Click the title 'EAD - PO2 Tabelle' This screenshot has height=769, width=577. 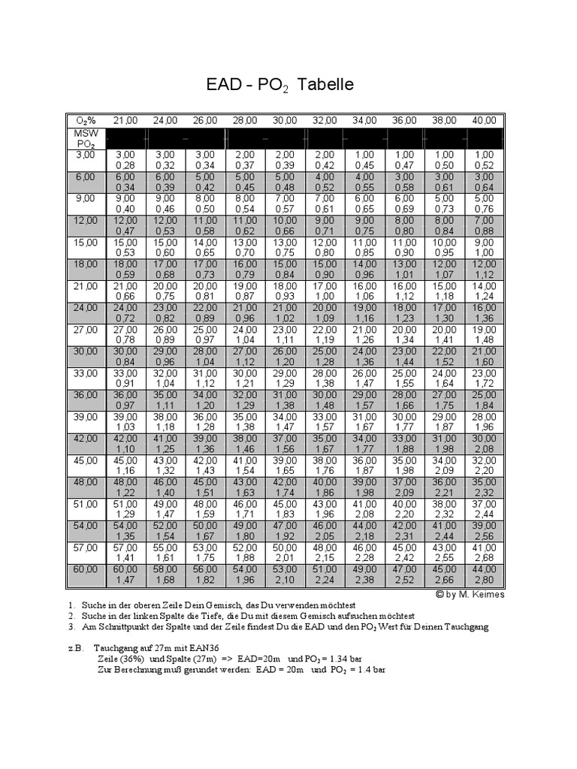(279, 85)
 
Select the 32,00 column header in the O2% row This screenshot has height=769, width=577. (325, 120)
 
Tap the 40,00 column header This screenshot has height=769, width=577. (484, 120)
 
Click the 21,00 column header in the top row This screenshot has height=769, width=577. (125, 120)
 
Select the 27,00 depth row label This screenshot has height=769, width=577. (85, 330)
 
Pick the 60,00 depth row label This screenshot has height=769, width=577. (85, 569)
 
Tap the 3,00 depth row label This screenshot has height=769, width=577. (85, 155)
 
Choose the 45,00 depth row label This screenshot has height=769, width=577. (85, 460)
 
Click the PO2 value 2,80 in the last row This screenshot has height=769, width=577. (484, 580)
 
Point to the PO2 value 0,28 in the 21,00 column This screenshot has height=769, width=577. (125, 165)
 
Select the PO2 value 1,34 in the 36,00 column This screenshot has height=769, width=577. (404, 340)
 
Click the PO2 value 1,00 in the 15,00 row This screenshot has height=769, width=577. (484, 253)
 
